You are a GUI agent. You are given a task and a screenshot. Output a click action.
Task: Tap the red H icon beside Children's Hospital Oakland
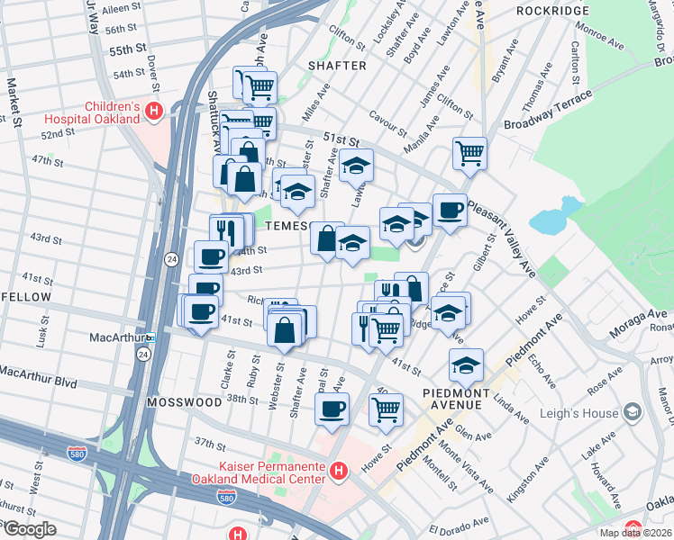click(x=154, y=112)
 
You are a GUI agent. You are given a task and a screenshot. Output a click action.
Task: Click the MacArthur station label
click(x=117, y=338)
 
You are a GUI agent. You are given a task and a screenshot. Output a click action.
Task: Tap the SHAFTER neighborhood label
click(x=336, y=66)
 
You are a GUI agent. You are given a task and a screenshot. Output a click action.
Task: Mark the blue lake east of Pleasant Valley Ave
click(x=549, y=219)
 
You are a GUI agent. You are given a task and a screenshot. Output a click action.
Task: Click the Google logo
click(x=29, y=528)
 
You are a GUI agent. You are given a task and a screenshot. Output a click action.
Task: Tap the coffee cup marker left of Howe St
click(x=332, y=409)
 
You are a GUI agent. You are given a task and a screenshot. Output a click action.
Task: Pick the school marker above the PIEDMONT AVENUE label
click(x=466, y=365)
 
